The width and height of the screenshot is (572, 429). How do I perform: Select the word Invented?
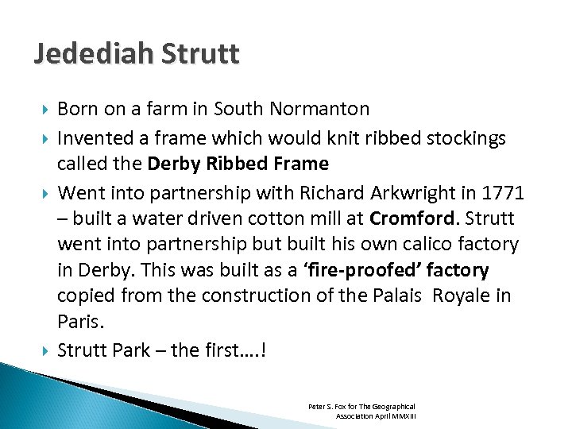click(x=92, y=138)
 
